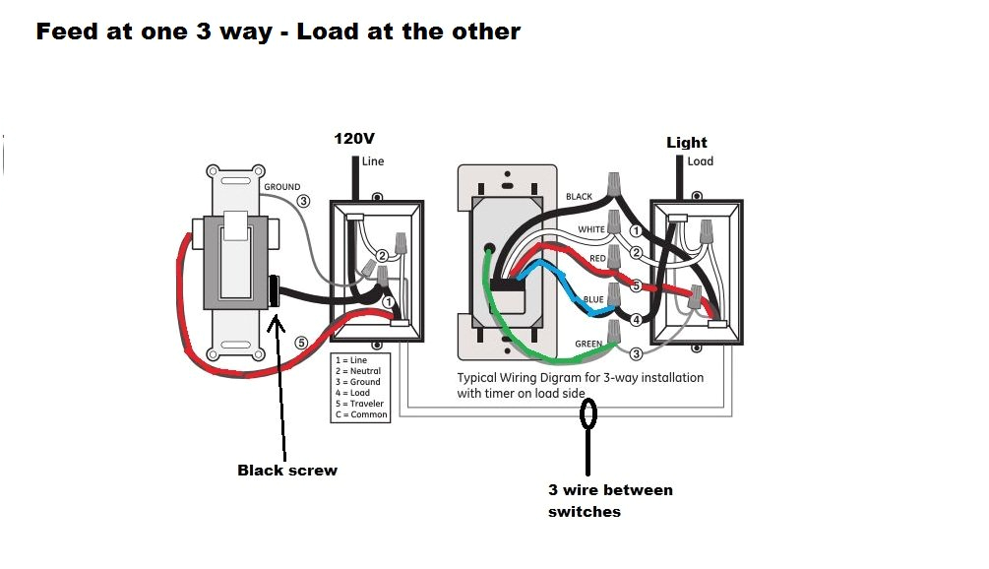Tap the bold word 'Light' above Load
tap(687, 143)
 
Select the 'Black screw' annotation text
tap(287, 471)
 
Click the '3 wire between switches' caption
tap(610, 500)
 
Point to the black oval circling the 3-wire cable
tap(589, 414)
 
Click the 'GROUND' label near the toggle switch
tap(281, 187)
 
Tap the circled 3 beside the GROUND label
tap(303, 201)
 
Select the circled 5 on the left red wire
tap(301, 343)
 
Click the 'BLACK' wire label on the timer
tap(579, 197)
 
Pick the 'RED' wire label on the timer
tap(598, 259)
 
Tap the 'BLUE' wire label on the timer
tap(593, 300)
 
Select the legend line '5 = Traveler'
tap(361, 404)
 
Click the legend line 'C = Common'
tap(361, 414)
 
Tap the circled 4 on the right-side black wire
tap(636, 320)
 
